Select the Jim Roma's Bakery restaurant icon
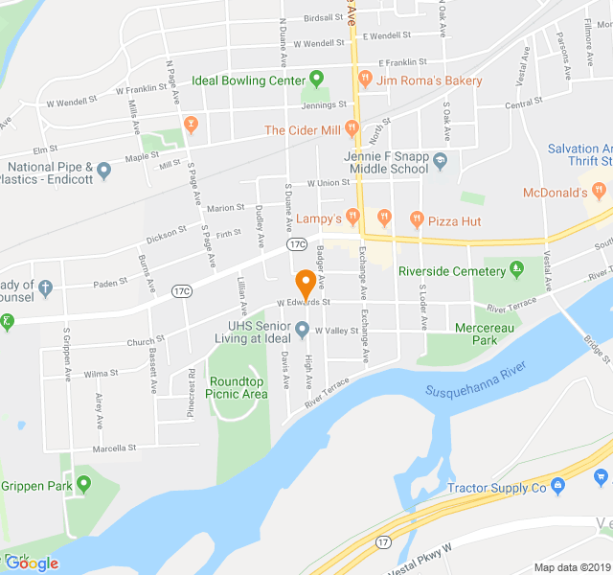pyautogui.click(x=365, y=80)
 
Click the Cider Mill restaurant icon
pyautogui.click(x=353, y=128)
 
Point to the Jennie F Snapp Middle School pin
pyautogui.click(x=440, y=159)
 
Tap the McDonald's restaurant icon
pyautogui.click(x=600, y=192)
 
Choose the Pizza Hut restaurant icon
pyautogui.click(x=416, y=220)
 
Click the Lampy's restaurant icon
pyautogui.click(x=354, y=215)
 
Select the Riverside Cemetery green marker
pyautogui.click(x=517, y=270)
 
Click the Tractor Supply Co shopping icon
pyautogui.click(x=558, y=488)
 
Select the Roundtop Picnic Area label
pyautogui.click(x=238, y=387)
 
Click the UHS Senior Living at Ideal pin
pyautogui.click(x=303, y=331)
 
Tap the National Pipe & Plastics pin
pyautogui.click(x=104, y=172)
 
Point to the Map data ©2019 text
pyautogui.click(x=571, y=567)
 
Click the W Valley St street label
pyautogui.click(x=336, y=332)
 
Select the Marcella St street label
pyautogui.click(x=114, y=448)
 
